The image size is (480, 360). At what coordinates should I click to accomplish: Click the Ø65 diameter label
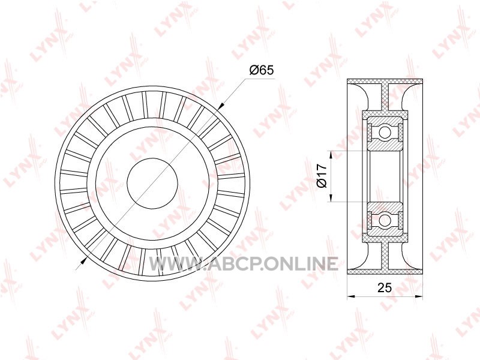tap(261, 70)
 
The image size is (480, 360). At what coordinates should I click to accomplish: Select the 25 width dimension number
tap(385, 288)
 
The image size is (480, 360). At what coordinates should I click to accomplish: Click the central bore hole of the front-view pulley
tap(152, 184)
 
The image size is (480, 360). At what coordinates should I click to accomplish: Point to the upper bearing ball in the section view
tap(385, 133)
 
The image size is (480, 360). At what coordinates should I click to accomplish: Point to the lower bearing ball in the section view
tap(385, 220)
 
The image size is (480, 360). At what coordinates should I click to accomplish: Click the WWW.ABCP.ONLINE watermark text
tap(244, 263)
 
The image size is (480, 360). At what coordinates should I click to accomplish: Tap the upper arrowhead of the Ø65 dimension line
tap(221, 106)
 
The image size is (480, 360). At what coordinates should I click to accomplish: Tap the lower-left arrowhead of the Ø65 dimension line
tap(83, 260)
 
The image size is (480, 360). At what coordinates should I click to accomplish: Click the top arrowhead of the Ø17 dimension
tap(331, 155)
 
